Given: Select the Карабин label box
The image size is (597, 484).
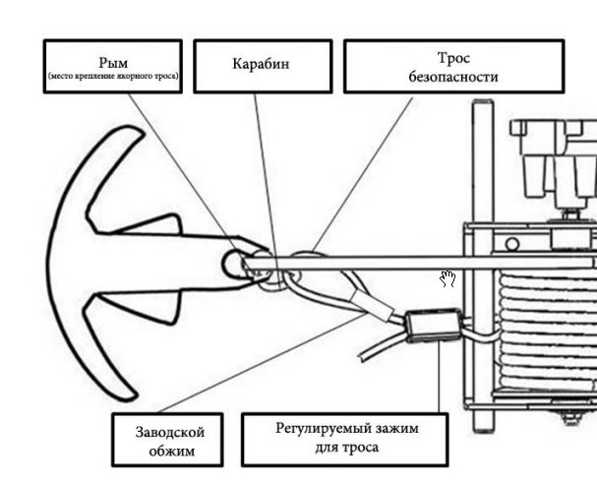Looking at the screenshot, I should point(260,65).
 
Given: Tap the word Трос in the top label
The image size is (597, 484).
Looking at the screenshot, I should point(452,58).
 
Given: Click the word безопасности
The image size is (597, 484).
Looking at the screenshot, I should point(452,76).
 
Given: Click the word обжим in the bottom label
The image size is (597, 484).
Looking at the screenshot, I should point(164,452).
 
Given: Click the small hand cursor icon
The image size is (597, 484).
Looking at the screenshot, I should point(448,278).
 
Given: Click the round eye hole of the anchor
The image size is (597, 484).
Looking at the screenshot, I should point(236,263).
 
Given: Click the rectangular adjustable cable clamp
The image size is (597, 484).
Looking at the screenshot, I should point(432,324).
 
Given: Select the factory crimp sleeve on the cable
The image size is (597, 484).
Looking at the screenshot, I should point(381,304).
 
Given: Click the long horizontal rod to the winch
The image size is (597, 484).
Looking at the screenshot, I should point(374,264).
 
